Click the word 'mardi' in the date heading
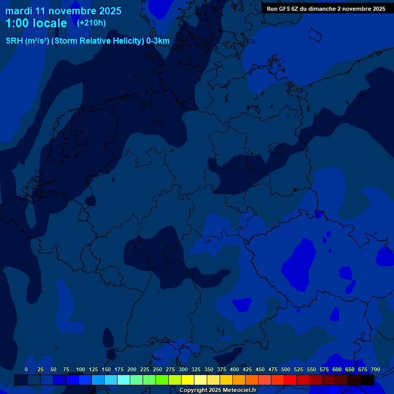(18, 11)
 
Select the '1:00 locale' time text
(36, 23)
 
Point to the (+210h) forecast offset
(91, 23)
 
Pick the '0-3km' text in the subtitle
(158, 41)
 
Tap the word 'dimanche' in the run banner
(324, 9)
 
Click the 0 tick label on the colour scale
(26, 369)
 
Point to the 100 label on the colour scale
(81, 369)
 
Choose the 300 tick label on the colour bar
(183, 369)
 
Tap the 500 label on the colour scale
(286, 369)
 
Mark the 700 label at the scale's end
(375, 369)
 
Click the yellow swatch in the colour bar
(188, 380)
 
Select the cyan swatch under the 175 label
(124, 380)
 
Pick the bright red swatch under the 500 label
(290, 380)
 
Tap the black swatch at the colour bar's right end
(367, 380)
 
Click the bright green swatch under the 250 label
(162, 380)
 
